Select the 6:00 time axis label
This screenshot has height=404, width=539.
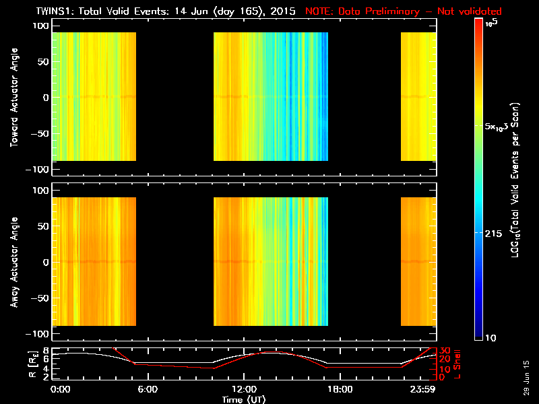tap(148, 390)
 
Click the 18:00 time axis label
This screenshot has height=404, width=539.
tap(339, 390)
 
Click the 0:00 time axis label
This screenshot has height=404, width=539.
tap(61, 390)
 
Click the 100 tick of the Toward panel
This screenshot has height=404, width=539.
tap(41, 25)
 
